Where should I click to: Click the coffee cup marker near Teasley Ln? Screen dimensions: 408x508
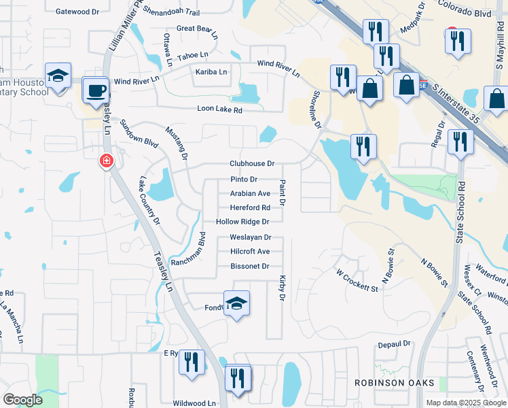[x=96, y=89]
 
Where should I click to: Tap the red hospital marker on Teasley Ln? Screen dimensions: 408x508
[x=106, y=161]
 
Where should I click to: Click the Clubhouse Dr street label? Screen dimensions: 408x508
[x=251, y=164]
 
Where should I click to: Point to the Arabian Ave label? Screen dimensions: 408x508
[x=250, y=193]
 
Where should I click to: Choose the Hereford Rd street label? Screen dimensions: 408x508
[x=250, y=207]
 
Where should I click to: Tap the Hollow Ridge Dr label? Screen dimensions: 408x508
[x=242, y=222]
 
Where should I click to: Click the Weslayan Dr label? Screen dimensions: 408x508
[x=251, y=237]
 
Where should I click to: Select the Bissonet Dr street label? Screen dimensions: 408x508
[x=250, y=266]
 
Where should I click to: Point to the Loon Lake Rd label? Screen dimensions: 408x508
[x=219, y=109]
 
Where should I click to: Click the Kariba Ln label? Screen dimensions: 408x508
[x=211, y=71]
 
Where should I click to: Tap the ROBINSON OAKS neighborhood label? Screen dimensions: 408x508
[x=395, y=383]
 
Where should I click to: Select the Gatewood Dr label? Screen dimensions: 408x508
[x=77, y=12]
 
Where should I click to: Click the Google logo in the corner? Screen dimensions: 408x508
[x=22, y=400]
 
